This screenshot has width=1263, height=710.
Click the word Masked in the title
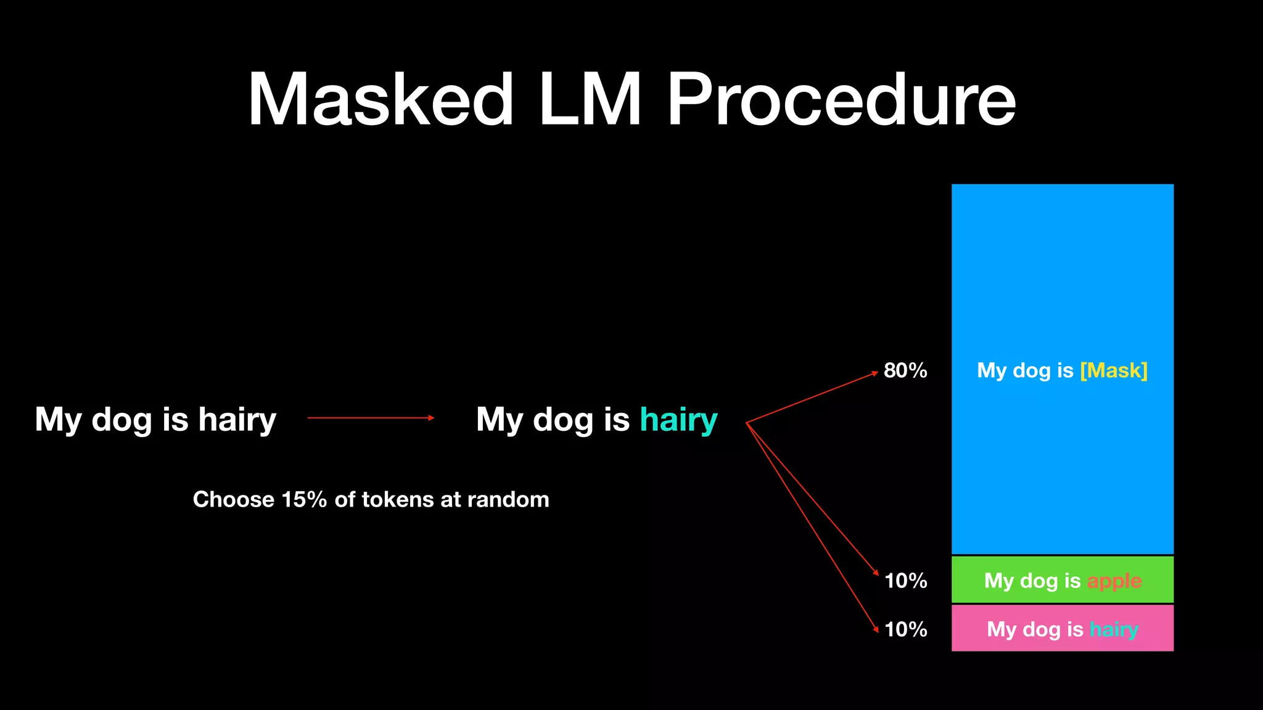click(x=381, y=100)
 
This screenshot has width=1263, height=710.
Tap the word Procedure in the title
click(x=841, y=100)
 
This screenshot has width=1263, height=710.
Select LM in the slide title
click(x=590, y=100)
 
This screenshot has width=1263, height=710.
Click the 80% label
click(x=905, y=370)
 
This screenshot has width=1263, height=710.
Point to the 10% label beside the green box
click(x=905, y=581)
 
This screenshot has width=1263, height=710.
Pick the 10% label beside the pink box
click(x=905, y=629)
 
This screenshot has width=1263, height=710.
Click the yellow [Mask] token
click(x=1114, y=370)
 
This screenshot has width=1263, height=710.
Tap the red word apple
click(x=1114, y=581)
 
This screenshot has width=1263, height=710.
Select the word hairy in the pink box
click(x=1114, y=629)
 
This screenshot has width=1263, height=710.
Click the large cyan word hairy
click(x=678, y=420)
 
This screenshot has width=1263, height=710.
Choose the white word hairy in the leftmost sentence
click(x=237, y=420)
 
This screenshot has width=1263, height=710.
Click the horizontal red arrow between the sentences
click(x=371, y=418)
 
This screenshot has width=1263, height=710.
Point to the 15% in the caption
click(x=304, y=499)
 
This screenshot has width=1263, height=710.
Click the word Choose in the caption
click(x=233, y=499)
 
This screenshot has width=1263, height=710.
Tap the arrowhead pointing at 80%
click(x=874, y=372)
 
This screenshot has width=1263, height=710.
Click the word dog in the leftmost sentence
click(x=121, y=420)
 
